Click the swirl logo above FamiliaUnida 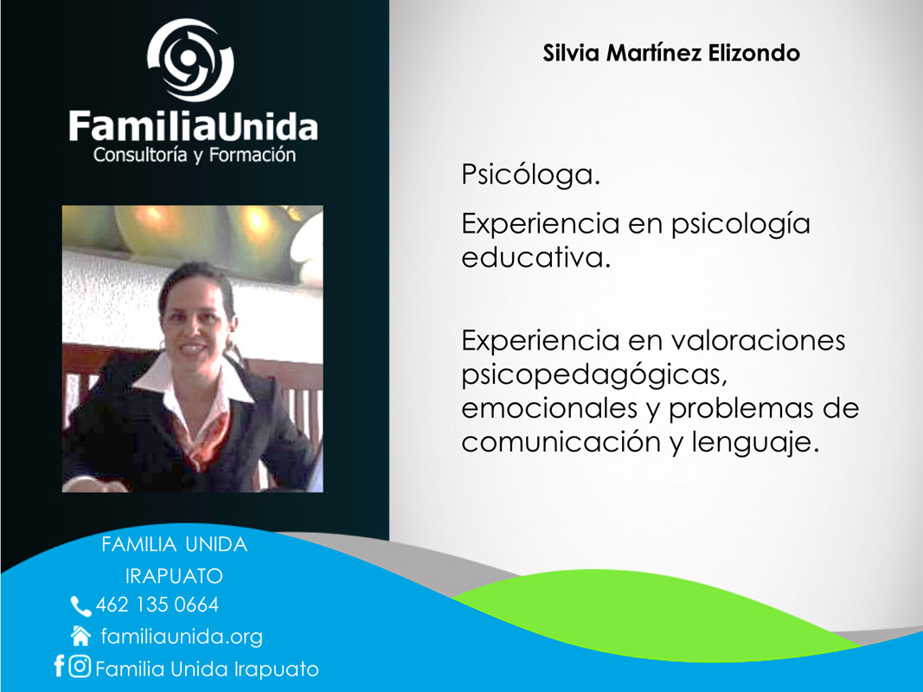190,60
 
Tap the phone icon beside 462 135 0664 80,606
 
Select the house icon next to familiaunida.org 80,636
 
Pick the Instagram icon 80,666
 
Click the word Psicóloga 530,175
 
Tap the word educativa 535,258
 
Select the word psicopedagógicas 594,375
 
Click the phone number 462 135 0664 157,605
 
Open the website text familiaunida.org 182,637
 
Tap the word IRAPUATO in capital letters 174,576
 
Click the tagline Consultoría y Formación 195,155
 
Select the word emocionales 549,408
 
